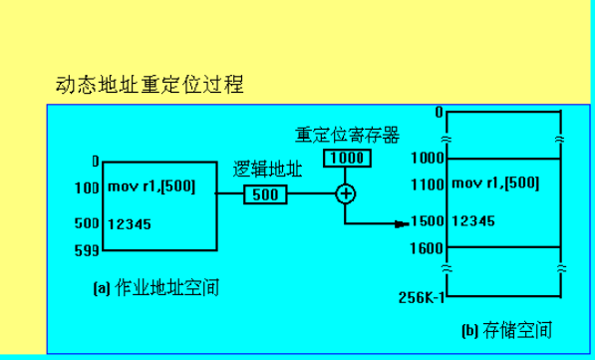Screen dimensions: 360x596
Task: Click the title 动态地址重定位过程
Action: coord(149,85)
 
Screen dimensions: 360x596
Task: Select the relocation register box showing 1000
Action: coord(347,159)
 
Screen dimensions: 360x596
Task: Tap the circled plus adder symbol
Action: coord(346,193)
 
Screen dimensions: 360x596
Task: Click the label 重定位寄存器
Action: coord(347,136)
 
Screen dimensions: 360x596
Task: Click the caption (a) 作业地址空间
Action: coord(154,288)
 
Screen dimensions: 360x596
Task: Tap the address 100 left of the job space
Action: coord(88,186)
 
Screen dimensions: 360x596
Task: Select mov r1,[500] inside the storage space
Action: coord(496,183)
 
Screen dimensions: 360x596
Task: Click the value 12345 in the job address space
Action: coord(130,224)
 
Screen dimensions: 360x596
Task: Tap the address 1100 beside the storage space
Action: coord(429,183)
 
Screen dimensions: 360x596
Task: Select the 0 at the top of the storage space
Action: coord(438,112)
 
